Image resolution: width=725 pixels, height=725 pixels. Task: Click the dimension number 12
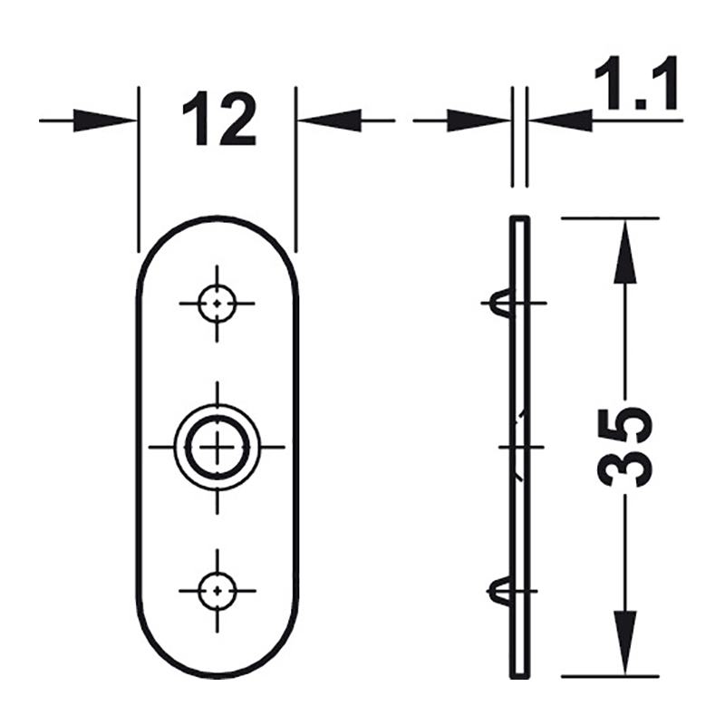click(218, 120)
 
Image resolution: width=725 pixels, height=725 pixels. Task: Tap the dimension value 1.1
click(635, 82)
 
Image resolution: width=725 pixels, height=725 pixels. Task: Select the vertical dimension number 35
click(623, 447)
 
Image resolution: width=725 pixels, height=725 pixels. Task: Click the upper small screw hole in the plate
click(217, 304)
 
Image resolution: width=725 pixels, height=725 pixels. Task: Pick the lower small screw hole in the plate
click(217, 591)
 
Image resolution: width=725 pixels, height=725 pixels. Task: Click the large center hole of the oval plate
click(217, 447)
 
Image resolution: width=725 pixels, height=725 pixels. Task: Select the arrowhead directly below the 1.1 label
click(561, 121)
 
